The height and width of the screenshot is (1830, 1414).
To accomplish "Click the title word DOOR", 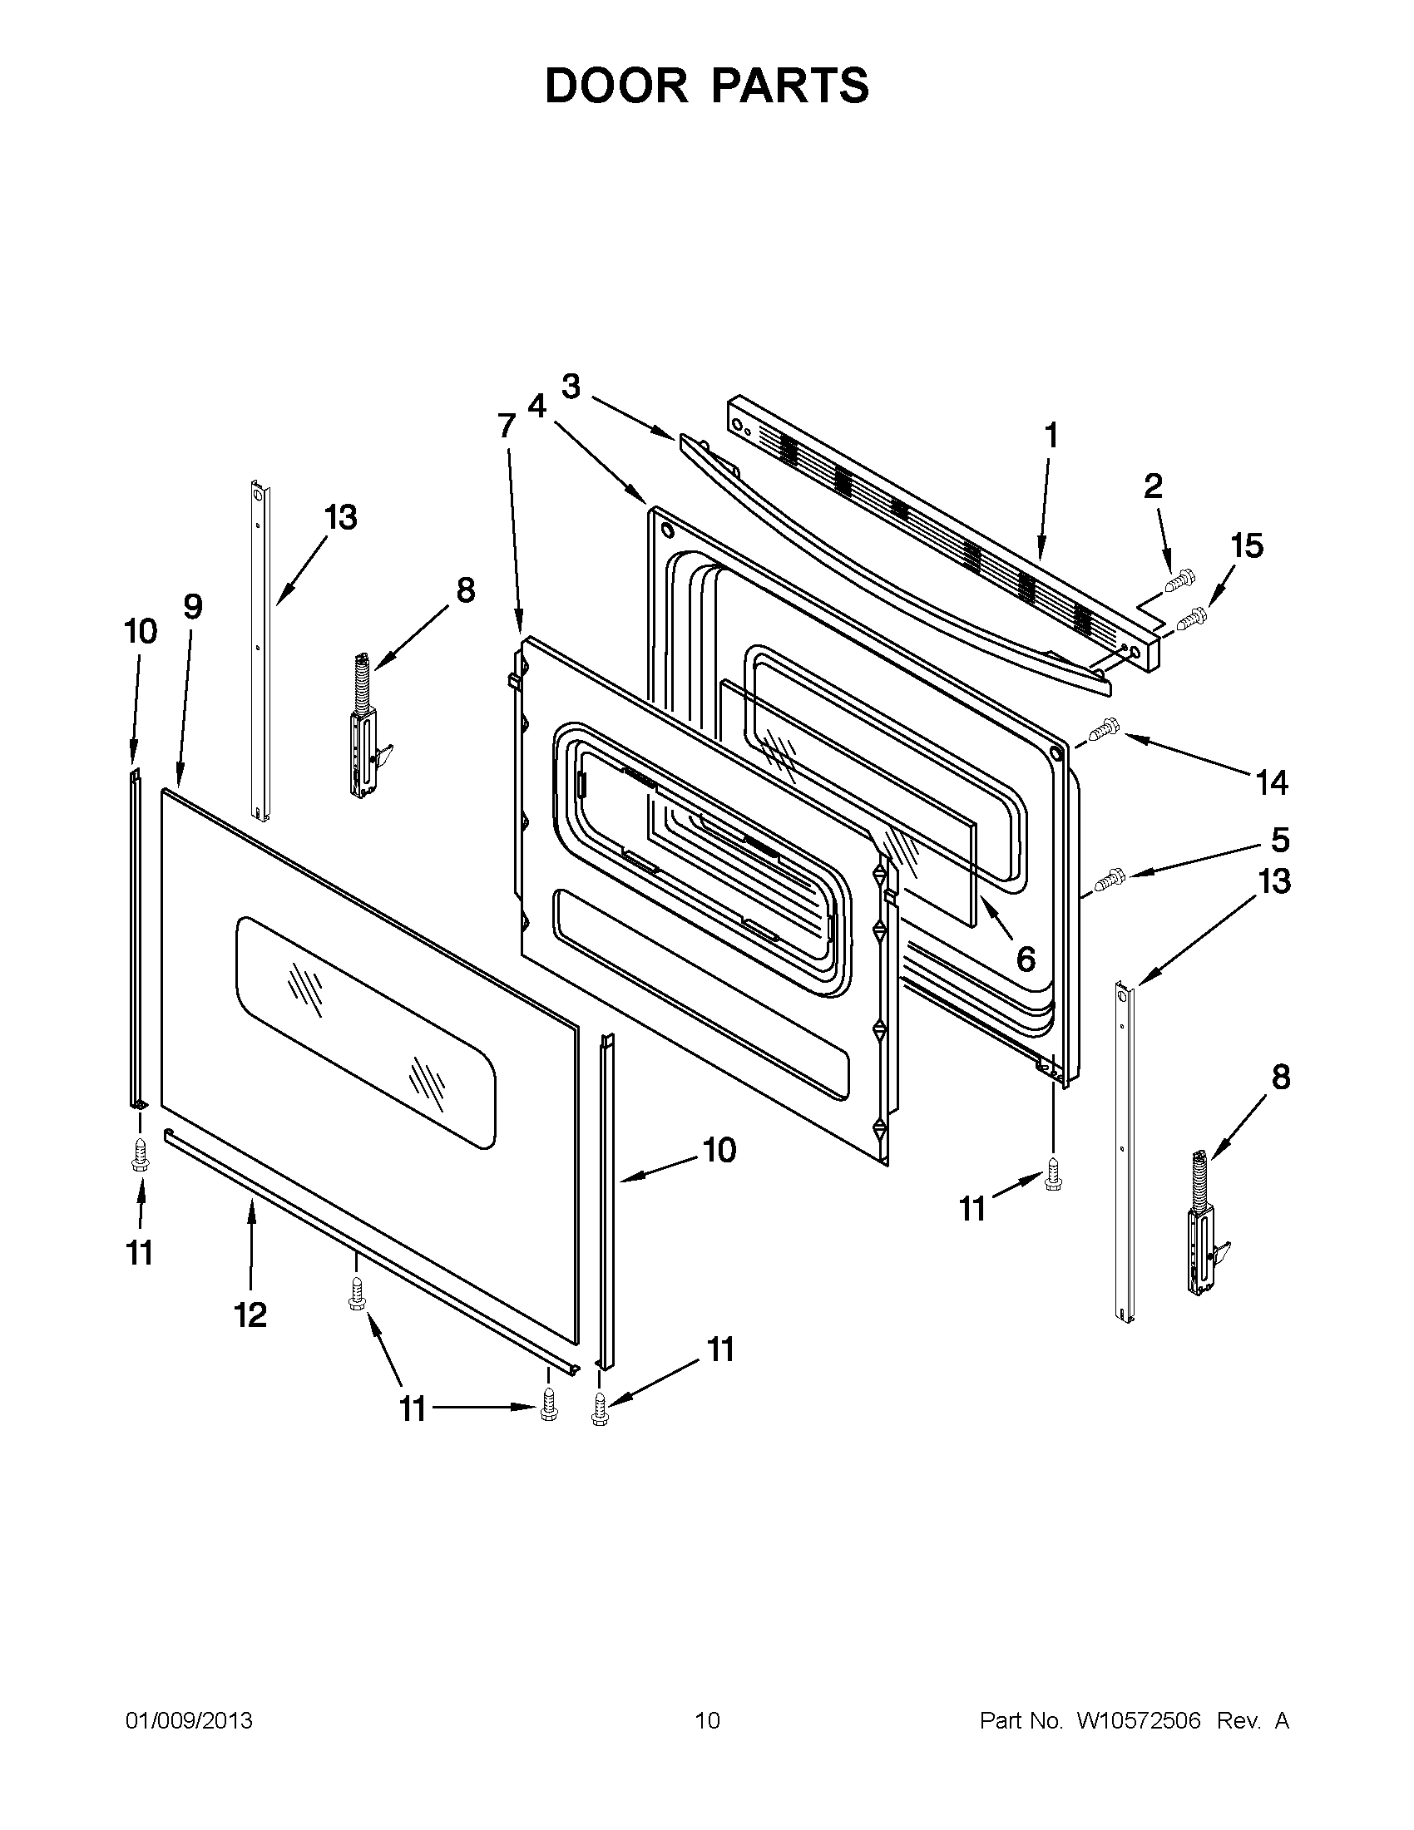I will (616, 86).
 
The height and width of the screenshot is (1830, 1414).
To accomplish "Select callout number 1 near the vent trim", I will (1050, 437).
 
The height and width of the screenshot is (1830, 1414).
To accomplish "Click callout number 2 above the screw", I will (1154, 486).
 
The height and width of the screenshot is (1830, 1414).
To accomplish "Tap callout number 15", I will (1246, 545).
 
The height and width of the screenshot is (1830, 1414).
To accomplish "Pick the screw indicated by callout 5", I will (1109, 879).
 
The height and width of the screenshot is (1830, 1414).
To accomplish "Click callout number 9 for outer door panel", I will (193, 606).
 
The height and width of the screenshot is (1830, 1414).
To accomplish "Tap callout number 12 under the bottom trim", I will (250, 1315).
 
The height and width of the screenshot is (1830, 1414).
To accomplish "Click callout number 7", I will (507, 426).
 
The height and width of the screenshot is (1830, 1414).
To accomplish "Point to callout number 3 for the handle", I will (571, 387).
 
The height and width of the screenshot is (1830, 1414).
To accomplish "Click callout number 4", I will (536, 407).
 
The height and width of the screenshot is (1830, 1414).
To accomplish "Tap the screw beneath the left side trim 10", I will (139, 1157).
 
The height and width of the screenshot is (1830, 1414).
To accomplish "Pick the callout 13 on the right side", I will (1274, 881).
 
